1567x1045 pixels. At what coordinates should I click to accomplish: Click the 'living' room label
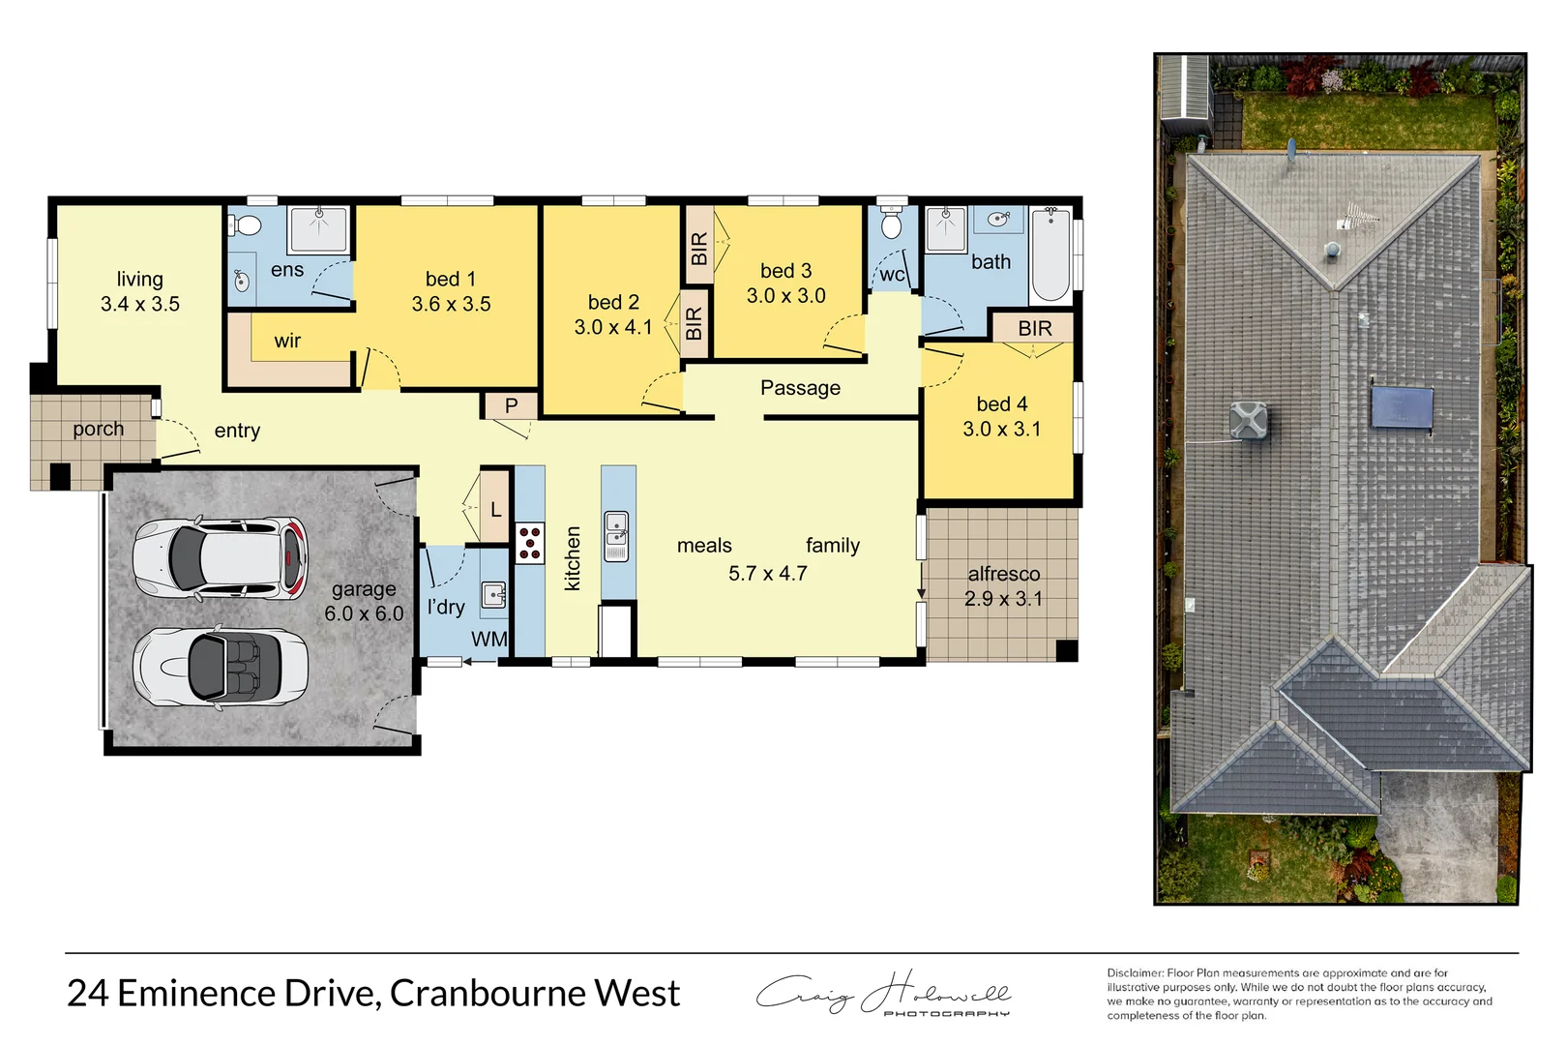(139, 280)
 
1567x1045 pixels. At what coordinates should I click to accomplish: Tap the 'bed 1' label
(451, 280)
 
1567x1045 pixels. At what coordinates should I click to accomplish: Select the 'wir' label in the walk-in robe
(287, 341)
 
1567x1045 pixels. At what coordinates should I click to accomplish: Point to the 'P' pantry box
(511, 406)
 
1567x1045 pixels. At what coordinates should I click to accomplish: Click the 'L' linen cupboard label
(496, 509)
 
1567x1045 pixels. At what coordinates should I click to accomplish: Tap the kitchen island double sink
(616, 536)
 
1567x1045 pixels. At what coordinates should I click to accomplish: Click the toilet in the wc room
(892, 225)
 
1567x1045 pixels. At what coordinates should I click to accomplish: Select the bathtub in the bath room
(1050, 255)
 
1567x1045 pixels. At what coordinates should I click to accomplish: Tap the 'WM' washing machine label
(488, 639)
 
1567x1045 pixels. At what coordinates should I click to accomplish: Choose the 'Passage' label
(800, 388)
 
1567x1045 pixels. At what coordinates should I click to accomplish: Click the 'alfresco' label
(1004, 574)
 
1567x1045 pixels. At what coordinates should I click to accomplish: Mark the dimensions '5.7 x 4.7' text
(767, 574)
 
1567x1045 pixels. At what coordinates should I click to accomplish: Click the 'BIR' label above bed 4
(1034, 329)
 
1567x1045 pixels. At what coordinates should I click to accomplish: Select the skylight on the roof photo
(1402, 406)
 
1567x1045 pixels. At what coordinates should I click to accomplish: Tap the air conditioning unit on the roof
(1249, 420)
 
